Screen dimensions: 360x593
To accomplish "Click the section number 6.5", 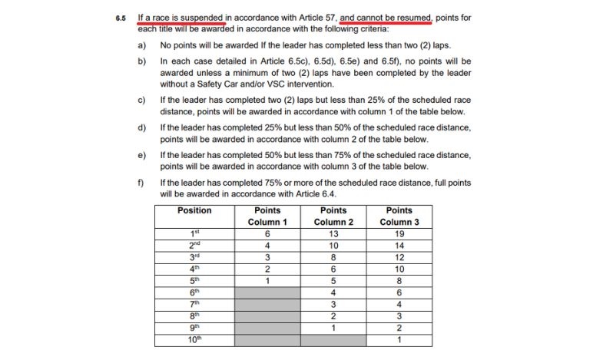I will (x=121, y=17).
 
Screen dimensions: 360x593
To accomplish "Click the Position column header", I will (x=194, y=210).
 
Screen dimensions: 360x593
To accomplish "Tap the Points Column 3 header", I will (x=399, y=216).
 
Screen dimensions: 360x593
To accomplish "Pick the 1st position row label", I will (x=194, y=233).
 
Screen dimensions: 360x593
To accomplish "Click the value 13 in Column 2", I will (x=333, y=233).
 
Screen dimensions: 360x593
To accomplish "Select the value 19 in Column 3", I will (x=399, y=233).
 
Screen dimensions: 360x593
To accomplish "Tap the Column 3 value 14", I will (x=399, y=246).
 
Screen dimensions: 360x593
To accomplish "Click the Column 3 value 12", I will (x=399, y=257).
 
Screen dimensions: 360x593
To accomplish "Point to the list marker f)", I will (x=141, y=183).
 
